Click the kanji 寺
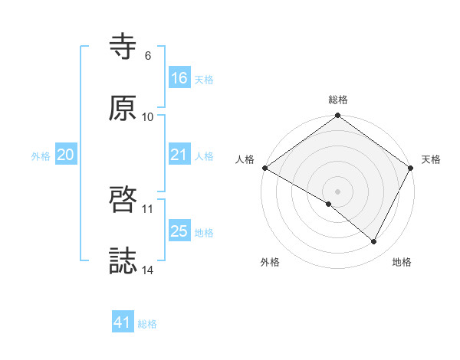click(x=123, y=47)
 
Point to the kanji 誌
click(x=123, y=261)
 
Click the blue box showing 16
click(x=179, y=78)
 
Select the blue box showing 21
click(x=179, y=155)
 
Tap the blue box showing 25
click(x=179, y=231)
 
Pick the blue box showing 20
click(x=66, y=155)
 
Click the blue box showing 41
click(x=123, y=322)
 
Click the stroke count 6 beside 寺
click(x=147, y=56)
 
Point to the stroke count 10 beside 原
click(x=148, y=116)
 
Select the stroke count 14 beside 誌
click(x=148, y=270)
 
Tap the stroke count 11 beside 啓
click(x=148, y=208)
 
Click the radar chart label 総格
click(x=338, y=100)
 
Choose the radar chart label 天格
click(x=431, y=160)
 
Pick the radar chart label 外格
click(x=270, y=263)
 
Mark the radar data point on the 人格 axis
click(x=264, y=168)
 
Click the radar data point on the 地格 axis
click(x=374, y=242)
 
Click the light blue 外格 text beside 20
click(x=41, y=155)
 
